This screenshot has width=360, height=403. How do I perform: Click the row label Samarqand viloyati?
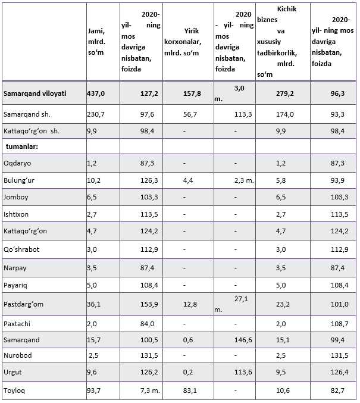pos(35,93)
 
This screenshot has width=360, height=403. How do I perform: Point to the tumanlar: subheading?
pos(22,146)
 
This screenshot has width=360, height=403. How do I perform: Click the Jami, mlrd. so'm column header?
pos(96,42)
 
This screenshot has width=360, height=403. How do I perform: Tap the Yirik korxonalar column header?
pos(183,42)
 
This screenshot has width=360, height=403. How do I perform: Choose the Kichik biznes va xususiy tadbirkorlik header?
pos(277,42)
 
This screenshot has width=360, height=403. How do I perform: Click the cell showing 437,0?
pos(96,93)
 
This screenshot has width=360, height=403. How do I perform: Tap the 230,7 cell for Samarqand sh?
pos(96,114)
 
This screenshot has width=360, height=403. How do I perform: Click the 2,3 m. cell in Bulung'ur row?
pos(244,180)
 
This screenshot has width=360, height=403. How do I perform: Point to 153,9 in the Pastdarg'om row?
pos(149,304)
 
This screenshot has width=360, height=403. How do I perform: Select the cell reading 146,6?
pos(243,340)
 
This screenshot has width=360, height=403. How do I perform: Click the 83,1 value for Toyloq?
pos(190,390)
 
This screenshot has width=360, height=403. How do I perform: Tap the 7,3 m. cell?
pos(150,390)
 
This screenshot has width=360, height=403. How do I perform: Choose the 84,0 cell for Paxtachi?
pos(147,324)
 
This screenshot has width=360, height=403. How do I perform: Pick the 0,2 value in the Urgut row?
pos(188,372)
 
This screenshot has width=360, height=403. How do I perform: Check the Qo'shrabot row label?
pos(21,249)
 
